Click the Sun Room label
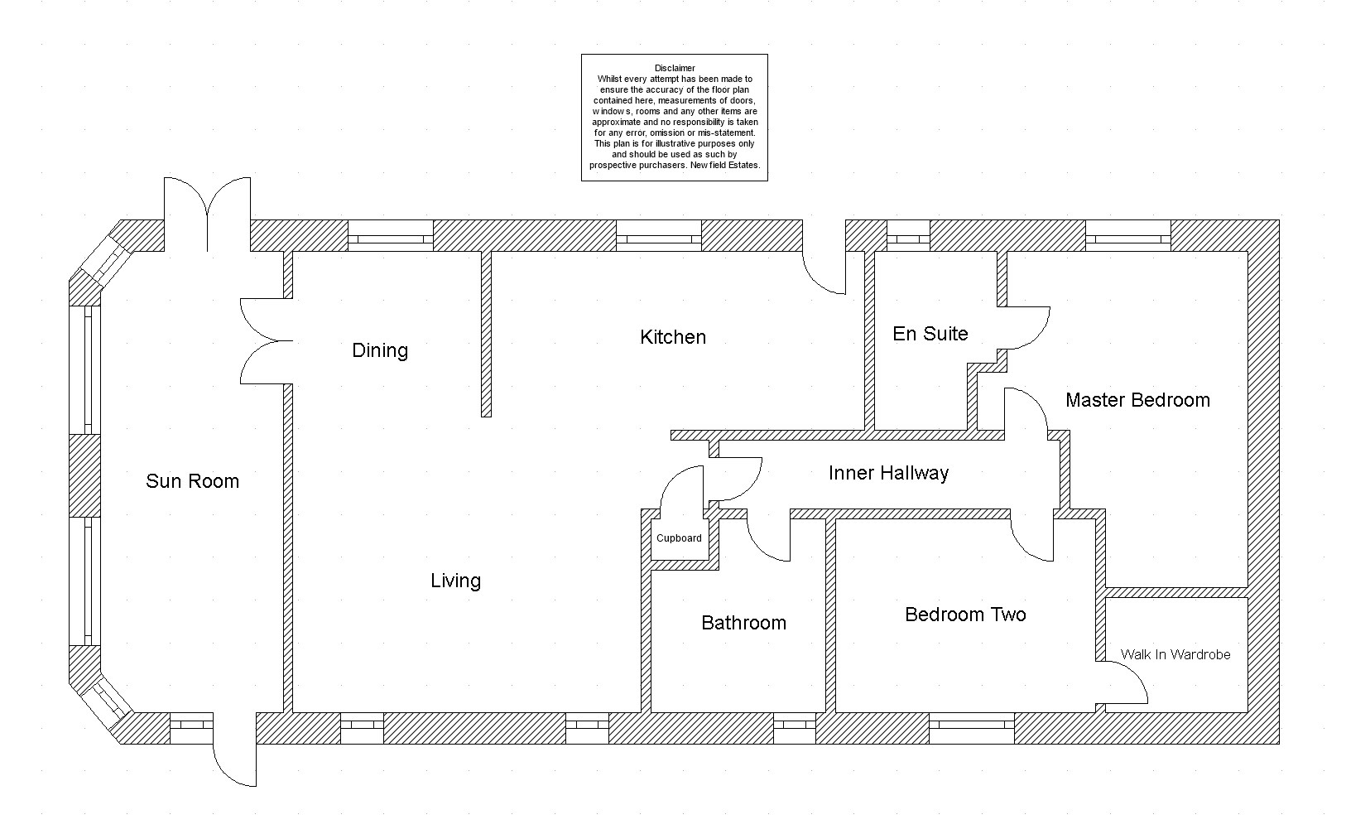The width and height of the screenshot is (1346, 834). [x=192, y=481]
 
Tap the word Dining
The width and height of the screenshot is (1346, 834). [x=380, y=350]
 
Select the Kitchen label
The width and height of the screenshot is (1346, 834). [x=673, y=337]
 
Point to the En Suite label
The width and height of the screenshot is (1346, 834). [x=930, y=334]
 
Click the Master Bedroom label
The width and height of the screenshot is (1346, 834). [x=1137, y=400]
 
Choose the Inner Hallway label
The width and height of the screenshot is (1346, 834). [x=888, y=473]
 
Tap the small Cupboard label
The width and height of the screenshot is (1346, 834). [x=679, y=538]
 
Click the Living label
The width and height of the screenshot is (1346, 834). [x=455, y=581]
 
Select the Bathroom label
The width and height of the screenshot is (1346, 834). [x=743, y=623]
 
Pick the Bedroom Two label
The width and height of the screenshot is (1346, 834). [x=965, y=615]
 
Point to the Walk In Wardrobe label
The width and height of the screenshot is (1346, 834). [x=1175, y=654]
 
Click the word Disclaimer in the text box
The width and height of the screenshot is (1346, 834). [x=675, y=68]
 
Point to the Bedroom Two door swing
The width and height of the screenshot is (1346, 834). [x=1031, y=538]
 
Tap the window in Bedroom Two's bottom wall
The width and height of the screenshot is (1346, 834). [x=972, y=726]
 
